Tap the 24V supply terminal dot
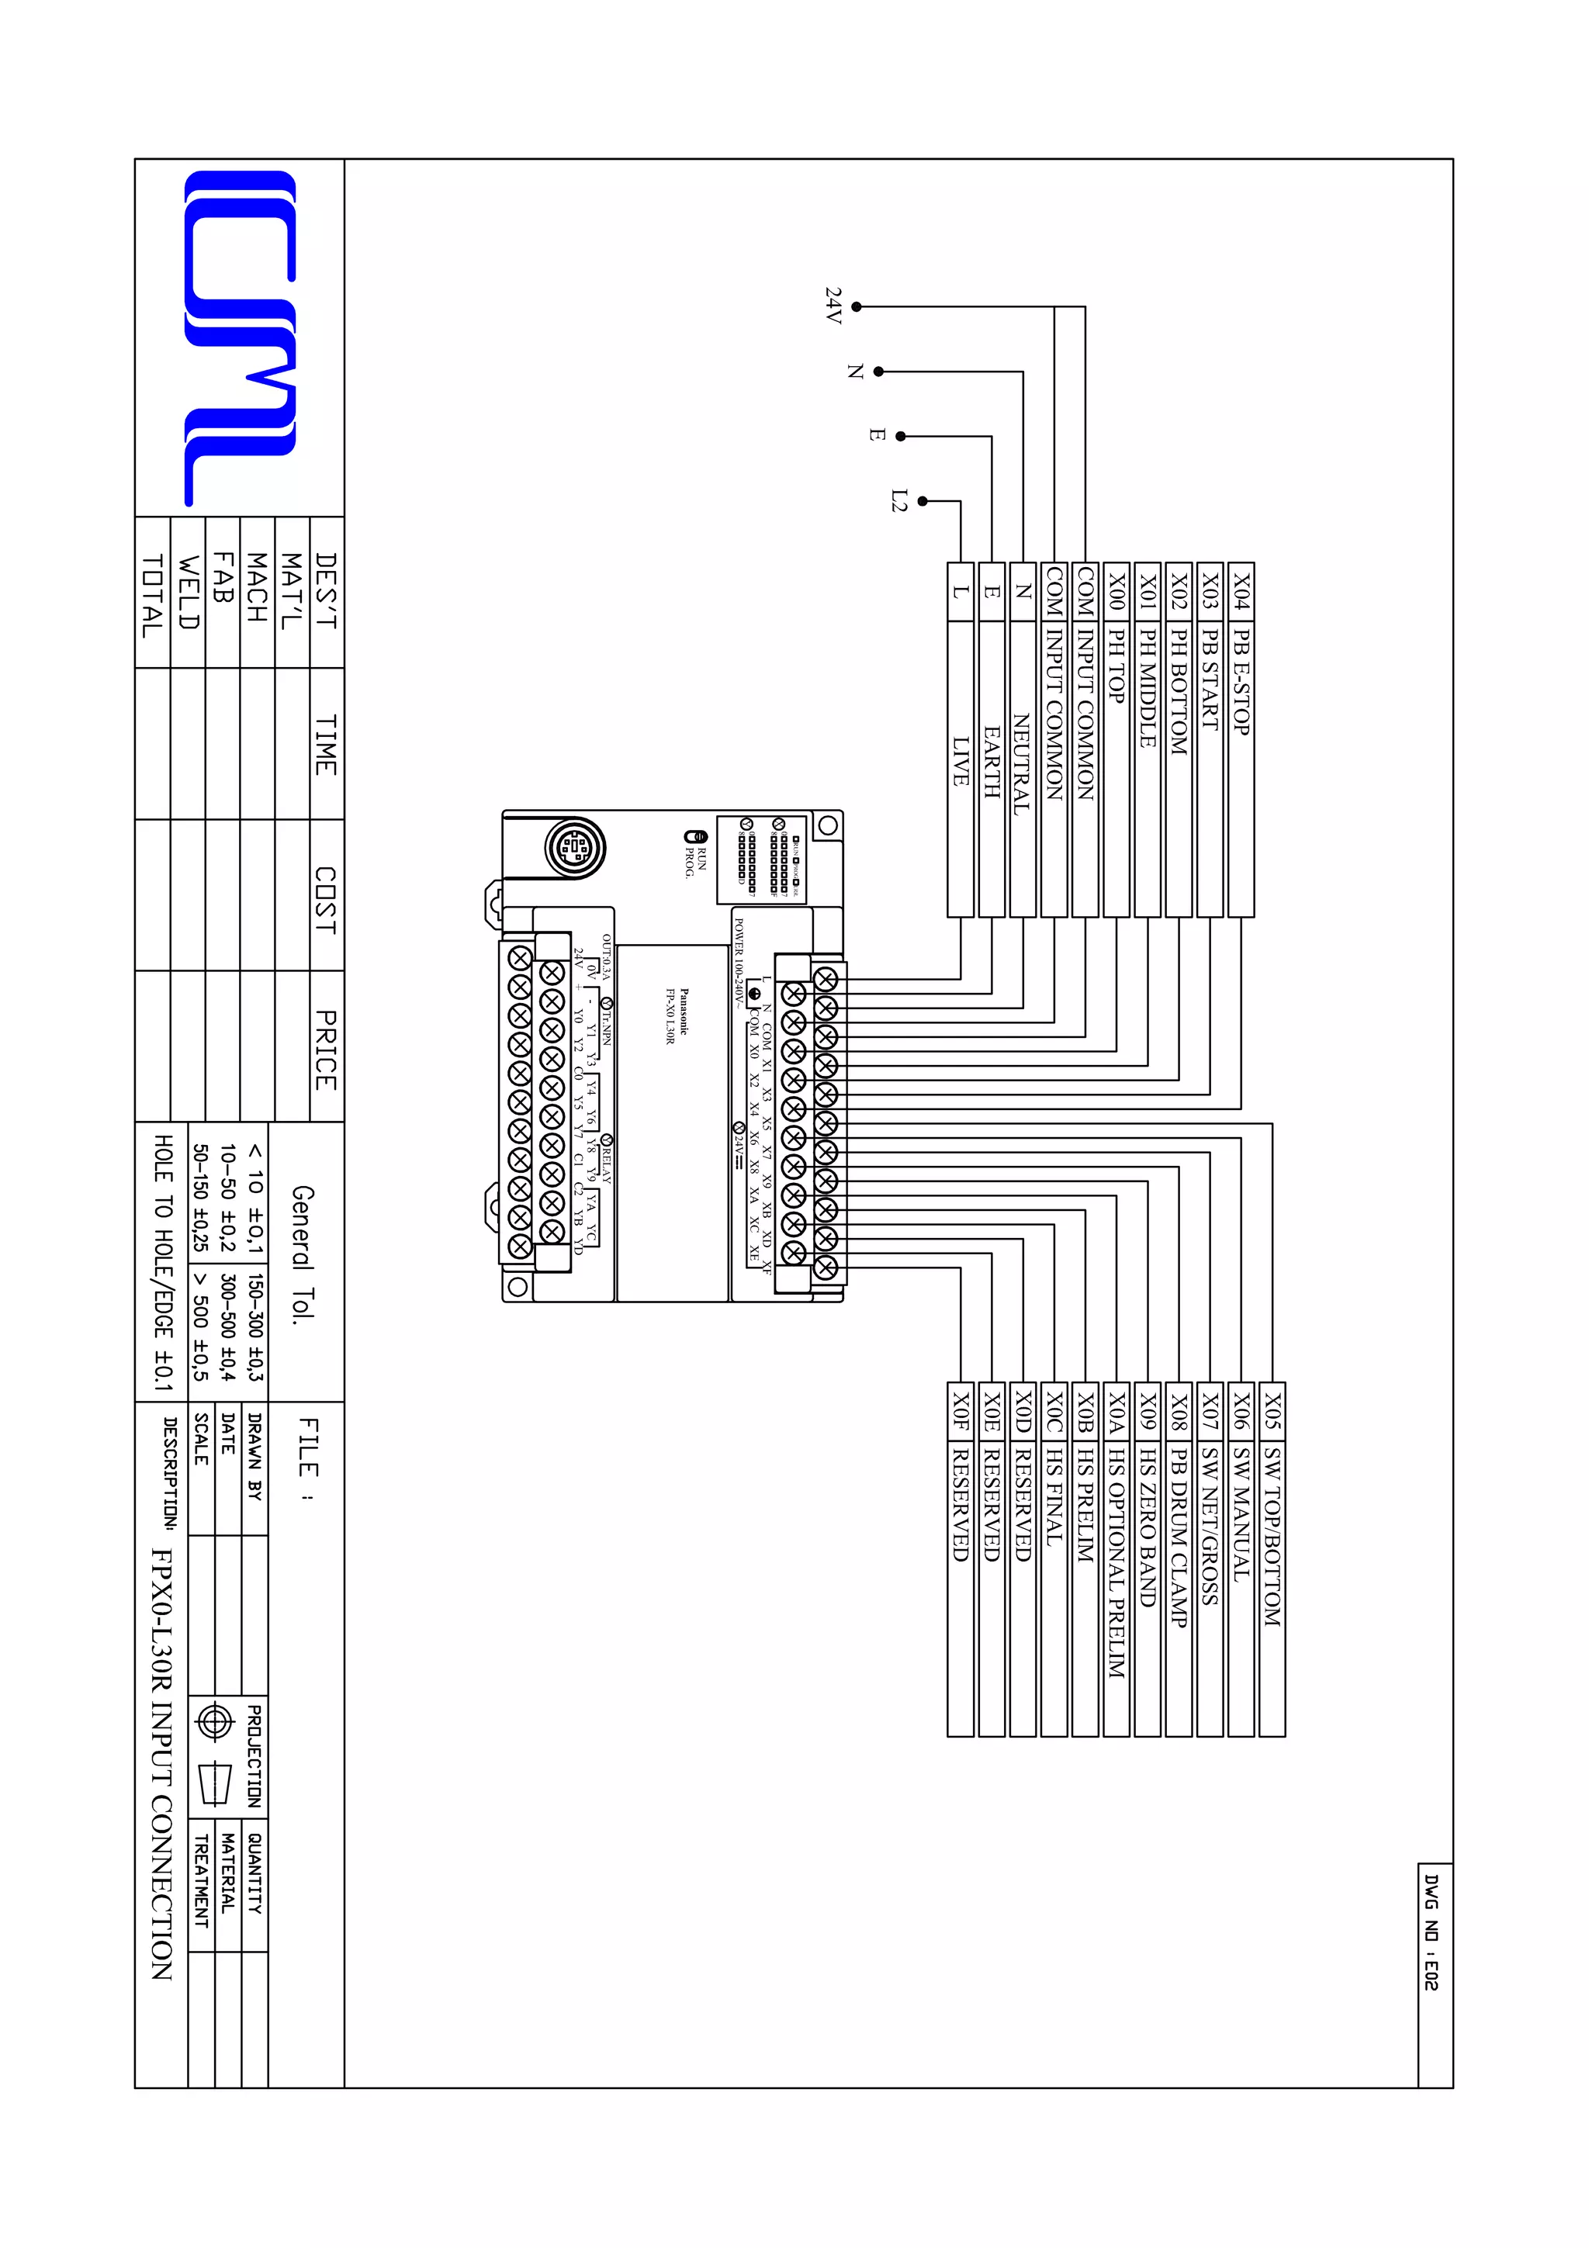pos(857,306)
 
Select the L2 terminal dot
pos(923,501)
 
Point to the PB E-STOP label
pos(1241,683)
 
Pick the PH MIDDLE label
pos(1148,687)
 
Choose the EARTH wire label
pos(992,762)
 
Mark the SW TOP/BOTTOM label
pos(1271,1537)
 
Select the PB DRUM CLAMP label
pos(1179,1539)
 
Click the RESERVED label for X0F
pos(961,1502)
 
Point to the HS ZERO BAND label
pos(1148,1527)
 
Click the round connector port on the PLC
pos(576,847)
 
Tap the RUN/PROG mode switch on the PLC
pos(695,837)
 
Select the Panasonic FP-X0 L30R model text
pos(677,1016)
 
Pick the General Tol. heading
pos(303,1254)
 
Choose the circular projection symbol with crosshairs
pos(214,1722)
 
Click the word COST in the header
pos(326,900)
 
